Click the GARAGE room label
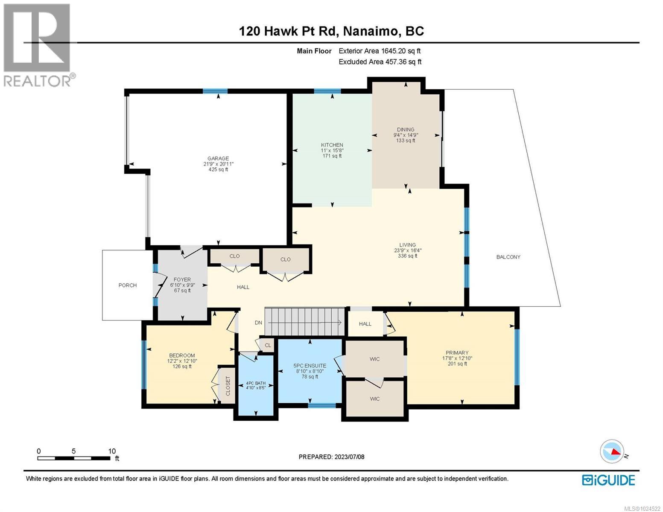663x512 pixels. pyautogui.click(x=218, y=158)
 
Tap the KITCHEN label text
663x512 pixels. pyautogui.click(x=332, y=145)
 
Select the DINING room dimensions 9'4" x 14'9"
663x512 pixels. pyautogui.click(x=406, y=135)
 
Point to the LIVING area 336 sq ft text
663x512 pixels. pyautogui.click(x=407, y=256)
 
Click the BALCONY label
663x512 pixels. pyautogui.click(x=508, y=257)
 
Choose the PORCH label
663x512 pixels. pyautogui.click(x=128, y=285)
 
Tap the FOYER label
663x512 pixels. pyautogui.click(x=182, y=279)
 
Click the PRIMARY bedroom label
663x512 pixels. pyautogui.click(x=457, y=352)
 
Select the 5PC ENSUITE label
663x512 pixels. pyautogui.click(x=310, y=366)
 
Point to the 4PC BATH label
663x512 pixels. pyautogui.click(x=256, y=383)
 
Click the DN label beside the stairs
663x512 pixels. pyautogui.click(x=258, y=323)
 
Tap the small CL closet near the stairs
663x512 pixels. pyautogui.click(x=268, y=345)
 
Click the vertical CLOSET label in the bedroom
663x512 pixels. pyautogui.click(x=228, y=386)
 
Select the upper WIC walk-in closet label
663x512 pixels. pyautogui.click(x=374, y=359)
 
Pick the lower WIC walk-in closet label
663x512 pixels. pyautogui.click(x=374, y=399)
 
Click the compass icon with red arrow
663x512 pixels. pyautogui.click(x=611, y=451)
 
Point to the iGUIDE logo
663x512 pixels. pyautogui.click(x=608, y=480)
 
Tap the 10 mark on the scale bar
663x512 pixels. pyautogui.click(x=112, y=451)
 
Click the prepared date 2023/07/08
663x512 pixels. pyautogui.click(x=349, y=457)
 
